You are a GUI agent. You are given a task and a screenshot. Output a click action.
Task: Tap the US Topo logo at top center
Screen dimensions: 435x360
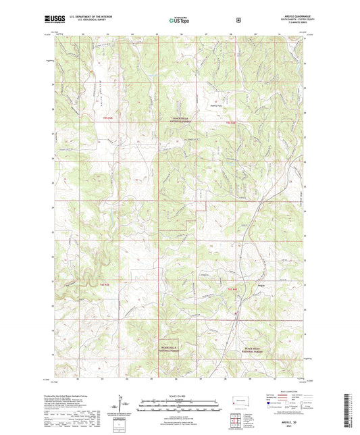tap(179, 20)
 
